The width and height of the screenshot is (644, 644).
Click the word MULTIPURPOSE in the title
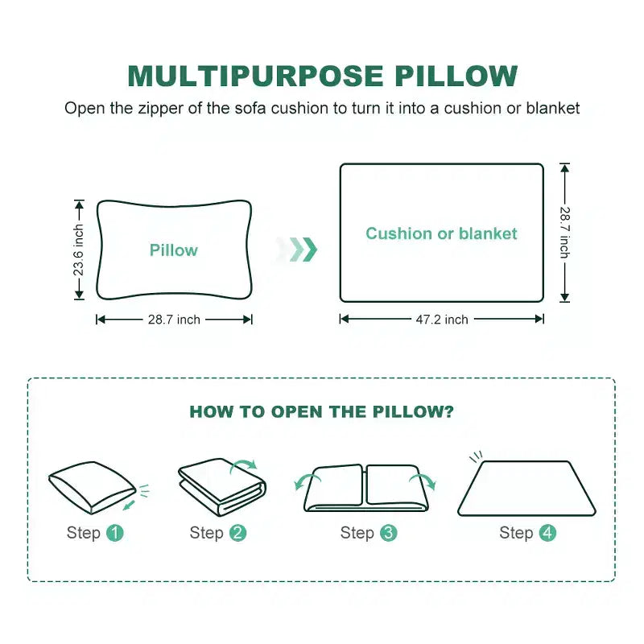255,76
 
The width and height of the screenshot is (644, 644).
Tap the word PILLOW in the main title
456,76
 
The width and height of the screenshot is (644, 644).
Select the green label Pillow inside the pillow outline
174,250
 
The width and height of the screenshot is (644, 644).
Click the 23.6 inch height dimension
78,250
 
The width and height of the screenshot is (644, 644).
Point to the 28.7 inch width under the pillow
174,320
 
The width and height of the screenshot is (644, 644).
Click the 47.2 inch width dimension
442,320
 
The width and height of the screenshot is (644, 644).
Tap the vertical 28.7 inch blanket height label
565,233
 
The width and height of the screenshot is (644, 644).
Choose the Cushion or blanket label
441,233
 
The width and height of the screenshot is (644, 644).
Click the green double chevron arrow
303,250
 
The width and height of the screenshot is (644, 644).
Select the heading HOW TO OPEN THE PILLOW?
321,411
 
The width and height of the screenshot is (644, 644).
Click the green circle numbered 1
115,533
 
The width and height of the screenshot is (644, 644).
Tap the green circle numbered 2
237,533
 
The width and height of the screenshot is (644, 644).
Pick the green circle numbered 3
389,533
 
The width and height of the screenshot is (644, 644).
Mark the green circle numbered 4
547,533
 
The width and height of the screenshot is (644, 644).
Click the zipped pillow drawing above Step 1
93,488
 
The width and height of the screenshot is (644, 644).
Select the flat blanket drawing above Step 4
527,488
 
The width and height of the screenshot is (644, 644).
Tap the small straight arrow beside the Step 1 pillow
129,505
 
